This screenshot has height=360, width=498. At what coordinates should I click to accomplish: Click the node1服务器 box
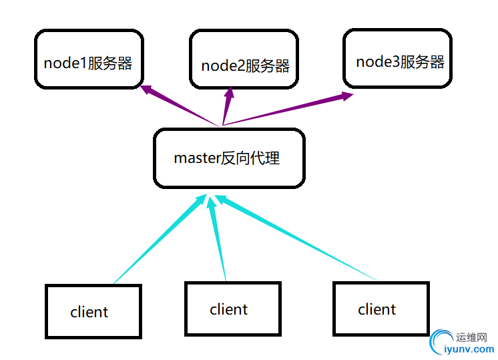click(88, 59)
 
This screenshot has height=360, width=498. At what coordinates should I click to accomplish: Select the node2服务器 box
click(243, 59)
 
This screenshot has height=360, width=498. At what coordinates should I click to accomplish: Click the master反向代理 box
click(229, 158)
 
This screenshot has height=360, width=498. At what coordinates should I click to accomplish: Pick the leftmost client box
click(93, 311)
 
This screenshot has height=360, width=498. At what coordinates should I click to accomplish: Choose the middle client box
click(232, 309)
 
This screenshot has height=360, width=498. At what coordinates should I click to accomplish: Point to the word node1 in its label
click(63, 63)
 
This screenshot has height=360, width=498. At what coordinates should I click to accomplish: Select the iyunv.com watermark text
click(469, 349)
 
